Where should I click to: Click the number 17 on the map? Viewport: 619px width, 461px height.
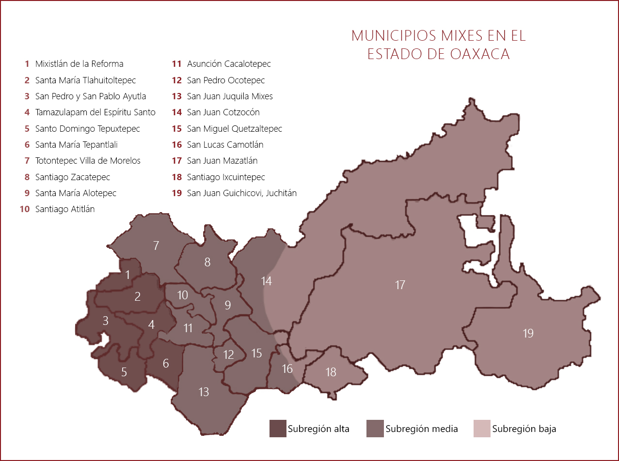coord(400,285)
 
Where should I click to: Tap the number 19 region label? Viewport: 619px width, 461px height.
coord(528,333)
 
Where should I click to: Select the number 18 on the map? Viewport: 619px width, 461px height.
coord(331,372)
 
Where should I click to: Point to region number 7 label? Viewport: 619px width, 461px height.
coord(156,246)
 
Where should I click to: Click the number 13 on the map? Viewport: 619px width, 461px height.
coord(204,391)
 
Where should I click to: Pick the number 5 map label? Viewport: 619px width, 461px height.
coord(124,372)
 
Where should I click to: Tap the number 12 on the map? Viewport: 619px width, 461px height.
coord(229,354)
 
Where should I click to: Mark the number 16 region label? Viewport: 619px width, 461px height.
coord(287,369)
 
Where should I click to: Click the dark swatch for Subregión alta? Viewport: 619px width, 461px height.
coord(278,429)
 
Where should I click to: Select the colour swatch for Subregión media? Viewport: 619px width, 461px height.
coord(375,429)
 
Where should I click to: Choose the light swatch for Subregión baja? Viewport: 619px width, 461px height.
coord(482,429)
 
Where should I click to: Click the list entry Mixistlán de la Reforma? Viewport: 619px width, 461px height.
coord(79,64)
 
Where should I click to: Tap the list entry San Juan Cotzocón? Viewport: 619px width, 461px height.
coord(223,112)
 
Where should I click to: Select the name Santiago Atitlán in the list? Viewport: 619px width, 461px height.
coord(65,209)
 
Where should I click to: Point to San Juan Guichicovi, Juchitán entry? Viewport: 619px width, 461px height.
coord(241,193)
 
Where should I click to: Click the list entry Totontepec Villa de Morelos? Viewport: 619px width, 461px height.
coord(88,161)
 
